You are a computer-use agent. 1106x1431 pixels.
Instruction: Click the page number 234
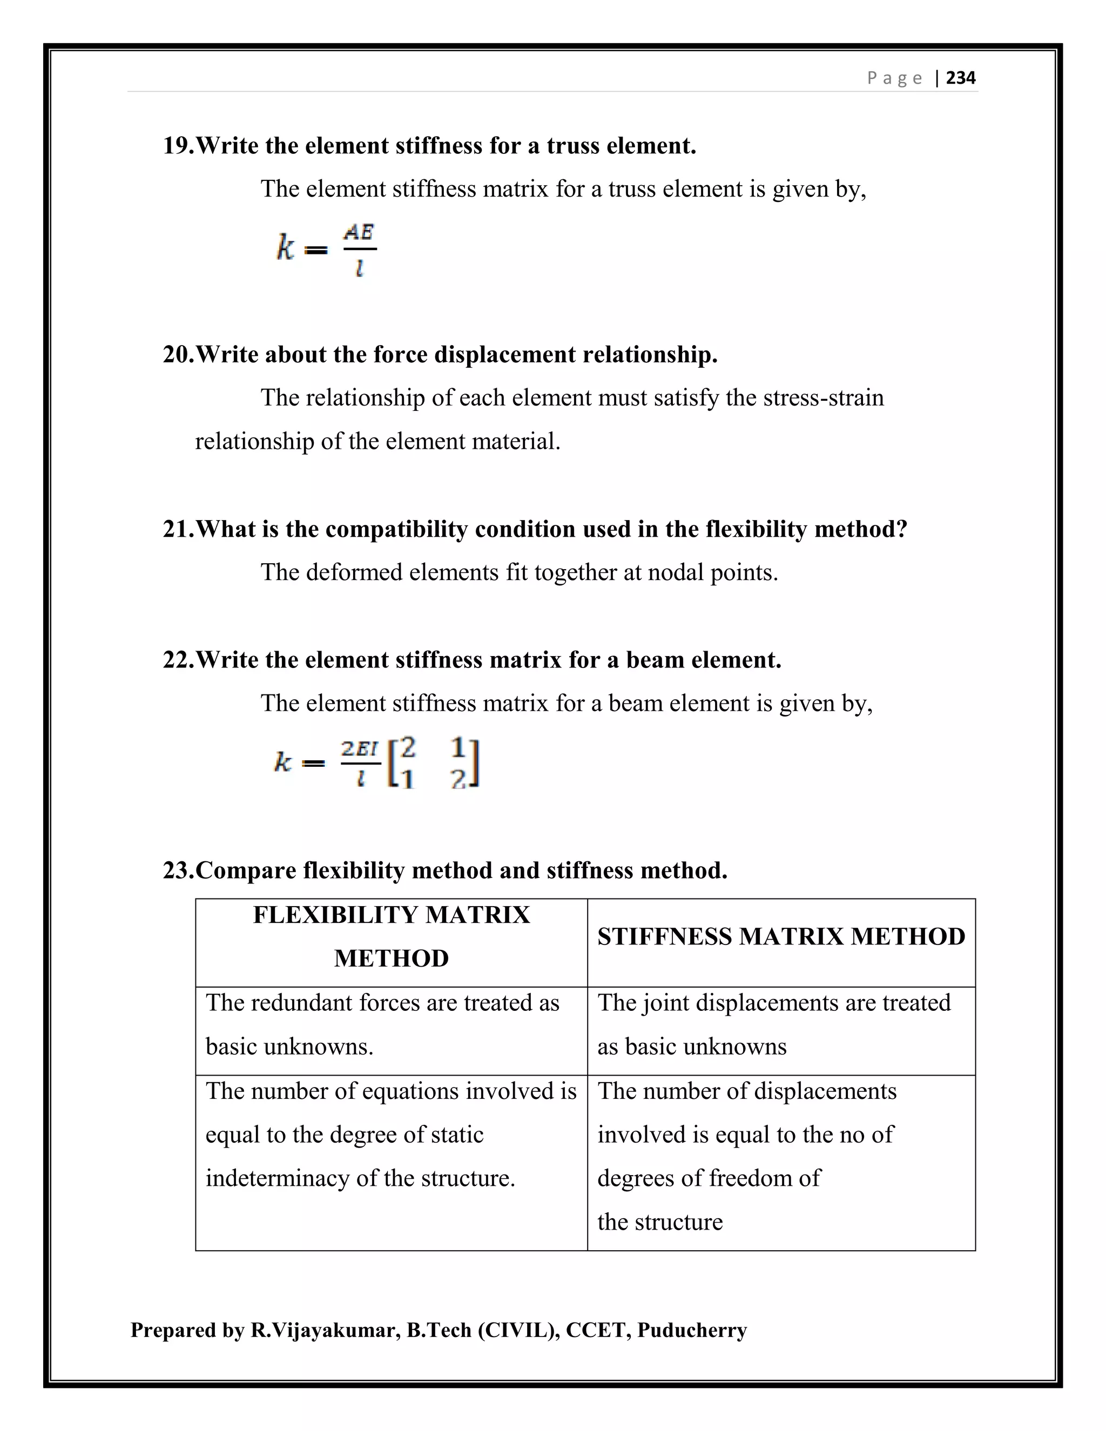961,78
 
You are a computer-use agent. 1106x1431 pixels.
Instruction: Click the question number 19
177,145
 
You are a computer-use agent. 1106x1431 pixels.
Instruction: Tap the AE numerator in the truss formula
359,232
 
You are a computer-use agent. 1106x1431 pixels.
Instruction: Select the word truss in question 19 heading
575,145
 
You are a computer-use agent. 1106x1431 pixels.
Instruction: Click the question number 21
177,529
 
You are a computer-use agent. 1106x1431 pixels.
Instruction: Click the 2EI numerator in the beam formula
359,748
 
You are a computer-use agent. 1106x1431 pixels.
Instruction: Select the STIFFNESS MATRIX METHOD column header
781,937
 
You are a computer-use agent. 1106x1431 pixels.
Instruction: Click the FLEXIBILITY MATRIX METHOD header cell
391,937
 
